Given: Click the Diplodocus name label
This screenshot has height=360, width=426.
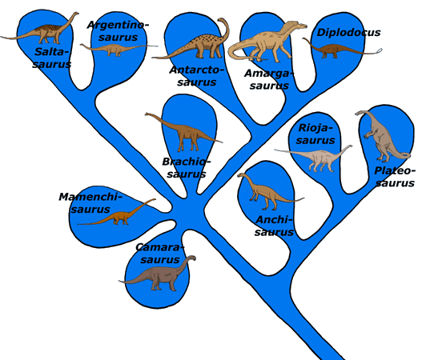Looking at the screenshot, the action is coord(348,33).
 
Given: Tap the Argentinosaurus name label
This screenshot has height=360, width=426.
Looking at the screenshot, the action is coord(119,31).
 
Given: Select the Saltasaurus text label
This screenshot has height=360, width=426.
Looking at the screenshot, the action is coord(52,58).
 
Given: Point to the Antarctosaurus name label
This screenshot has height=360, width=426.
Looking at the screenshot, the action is coord(197,76).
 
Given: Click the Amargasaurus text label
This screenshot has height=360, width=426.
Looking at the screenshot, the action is coord(269,79).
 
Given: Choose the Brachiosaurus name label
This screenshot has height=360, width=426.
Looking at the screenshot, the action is coord(187,167).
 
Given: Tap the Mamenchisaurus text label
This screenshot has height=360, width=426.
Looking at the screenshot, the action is coord(90,203).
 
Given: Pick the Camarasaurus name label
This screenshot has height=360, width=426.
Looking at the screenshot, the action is coord(160,254).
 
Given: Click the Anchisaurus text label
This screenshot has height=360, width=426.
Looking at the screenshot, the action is coord(274,226).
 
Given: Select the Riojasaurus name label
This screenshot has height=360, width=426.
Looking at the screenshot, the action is coord(315,134).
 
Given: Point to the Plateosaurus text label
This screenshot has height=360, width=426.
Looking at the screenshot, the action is coord(395,177).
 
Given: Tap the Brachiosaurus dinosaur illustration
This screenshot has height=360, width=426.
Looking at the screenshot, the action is coord(183,132).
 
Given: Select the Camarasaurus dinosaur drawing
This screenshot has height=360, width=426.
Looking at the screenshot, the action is coord(158,274).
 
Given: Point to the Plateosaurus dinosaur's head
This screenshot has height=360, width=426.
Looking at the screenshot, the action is coord(360,113).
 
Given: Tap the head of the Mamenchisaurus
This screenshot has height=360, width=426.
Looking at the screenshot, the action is coord(152,200).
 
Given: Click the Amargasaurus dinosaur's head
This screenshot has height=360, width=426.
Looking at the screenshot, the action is coord(301,26).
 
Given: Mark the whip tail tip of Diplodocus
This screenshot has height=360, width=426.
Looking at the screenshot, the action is coord(380,50).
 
